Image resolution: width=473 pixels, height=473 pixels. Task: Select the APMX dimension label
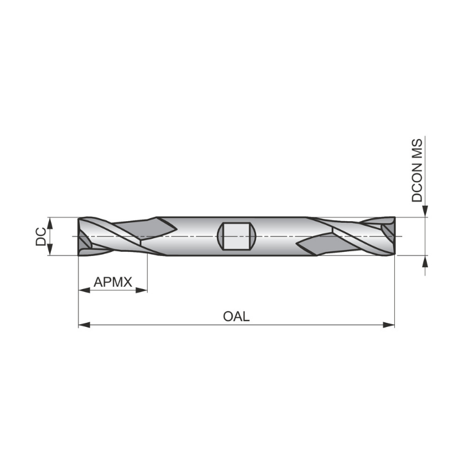112,282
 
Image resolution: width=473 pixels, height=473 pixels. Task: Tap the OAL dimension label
237,316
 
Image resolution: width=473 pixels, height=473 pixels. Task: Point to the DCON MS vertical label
418,171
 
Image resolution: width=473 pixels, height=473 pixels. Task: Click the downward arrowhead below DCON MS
425,212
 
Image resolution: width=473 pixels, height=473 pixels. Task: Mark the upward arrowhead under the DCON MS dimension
425,261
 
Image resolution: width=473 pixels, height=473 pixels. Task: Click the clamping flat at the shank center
237,237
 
